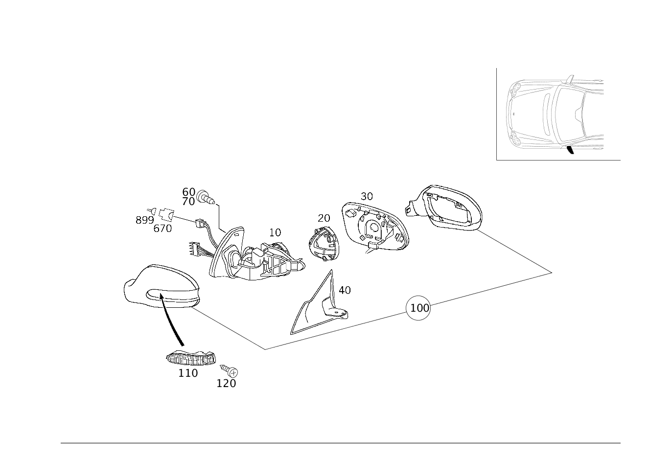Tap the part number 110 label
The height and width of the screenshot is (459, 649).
[x=188, y=373]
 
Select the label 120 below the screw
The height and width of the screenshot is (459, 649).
[x=226, y=384]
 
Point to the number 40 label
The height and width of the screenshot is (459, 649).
[x=345, y=290]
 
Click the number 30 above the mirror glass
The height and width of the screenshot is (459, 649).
[x=367, y=196]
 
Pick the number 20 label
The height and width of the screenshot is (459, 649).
[x=324, y=218]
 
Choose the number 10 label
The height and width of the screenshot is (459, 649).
[x=275, y=232]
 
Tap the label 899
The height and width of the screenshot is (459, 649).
[x=144, y=220]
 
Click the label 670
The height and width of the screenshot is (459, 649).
[x=162, y=229]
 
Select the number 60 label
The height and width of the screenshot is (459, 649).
[x=188, y=192]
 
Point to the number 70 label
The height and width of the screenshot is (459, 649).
[x=188, y=202]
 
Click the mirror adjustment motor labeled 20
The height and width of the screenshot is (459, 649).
[x=324, y=244]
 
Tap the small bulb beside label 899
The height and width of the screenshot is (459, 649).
[x=152, y=211]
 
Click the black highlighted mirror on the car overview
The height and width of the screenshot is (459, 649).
[x=570, y=150]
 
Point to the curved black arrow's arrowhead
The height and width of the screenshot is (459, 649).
[x=161, y=295]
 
